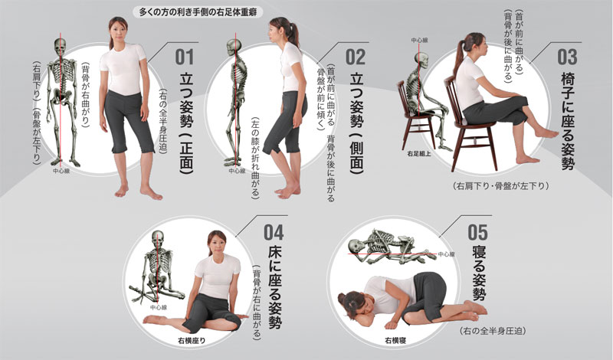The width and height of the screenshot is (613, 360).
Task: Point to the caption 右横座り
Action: tap(194, 339)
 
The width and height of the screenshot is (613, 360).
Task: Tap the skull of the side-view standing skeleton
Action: tap(234, 46)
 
